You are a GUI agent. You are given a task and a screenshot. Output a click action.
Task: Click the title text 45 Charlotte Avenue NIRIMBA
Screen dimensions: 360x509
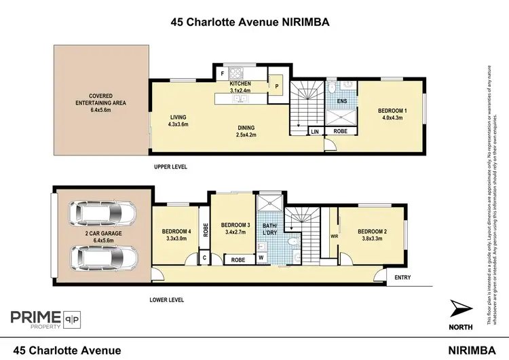[x=250, y=22]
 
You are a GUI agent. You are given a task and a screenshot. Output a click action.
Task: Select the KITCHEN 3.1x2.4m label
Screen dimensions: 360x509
[x=240, y=86]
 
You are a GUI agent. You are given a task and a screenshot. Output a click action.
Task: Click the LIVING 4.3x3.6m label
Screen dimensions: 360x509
[x=178, y=120]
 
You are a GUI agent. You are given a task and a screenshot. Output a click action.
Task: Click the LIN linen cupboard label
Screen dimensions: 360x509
[x=314, y=132]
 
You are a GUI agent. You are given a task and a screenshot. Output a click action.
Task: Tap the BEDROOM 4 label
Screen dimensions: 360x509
[x=176, y=235]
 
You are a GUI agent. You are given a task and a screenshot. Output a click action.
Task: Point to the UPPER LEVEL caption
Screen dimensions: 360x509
[x=170, y=166]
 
